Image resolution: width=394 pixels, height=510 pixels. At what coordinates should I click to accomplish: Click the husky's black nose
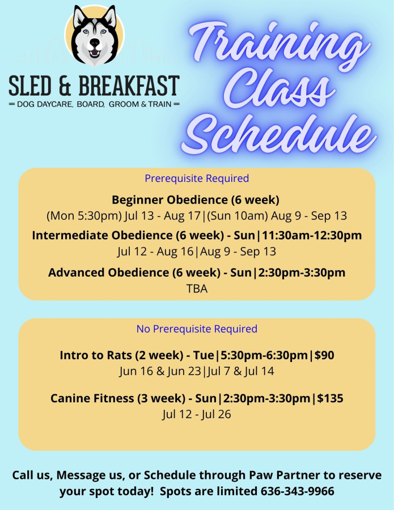pos(95,42)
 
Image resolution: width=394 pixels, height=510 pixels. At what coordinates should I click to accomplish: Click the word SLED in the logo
pos(30,86)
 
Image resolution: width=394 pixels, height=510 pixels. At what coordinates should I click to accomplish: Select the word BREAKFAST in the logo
pos(129,86)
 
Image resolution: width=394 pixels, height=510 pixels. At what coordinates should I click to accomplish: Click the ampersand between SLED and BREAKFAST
pos(65,86)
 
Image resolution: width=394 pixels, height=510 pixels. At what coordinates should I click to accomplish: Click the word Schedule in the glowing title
pos(279,133)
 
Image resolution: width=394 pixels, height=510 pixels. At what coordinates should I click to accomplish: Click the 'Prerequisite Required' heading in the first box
pos(197,178)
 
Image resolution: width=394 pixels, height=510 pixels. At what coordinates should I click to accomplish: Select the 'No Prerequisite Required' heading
pos(197,329)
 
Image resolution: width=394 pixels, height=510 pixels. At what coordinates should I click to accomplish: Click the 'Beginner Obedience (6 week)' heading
pos(196,199)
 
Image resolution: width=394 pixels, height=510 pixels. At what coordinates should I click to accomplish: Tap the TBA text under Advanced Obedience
pos(197,288)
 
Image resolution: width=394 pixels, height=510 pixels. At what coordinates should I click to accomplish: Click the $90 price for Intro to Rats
pos(324,355)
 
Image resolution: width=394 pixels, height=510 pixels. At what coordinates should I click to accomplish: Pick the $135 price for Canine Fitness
pos(331,398)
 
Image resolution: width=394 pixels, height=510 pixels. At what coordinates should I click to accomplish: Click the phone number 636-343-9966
pos(298,491)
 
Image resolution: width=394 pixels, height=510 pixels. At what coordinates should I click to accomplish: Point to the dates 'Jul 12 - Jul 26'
pos(197,414)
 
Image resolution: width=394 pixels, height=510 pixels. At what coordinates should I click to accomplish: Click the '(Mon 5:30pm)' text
pos(84,216)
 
